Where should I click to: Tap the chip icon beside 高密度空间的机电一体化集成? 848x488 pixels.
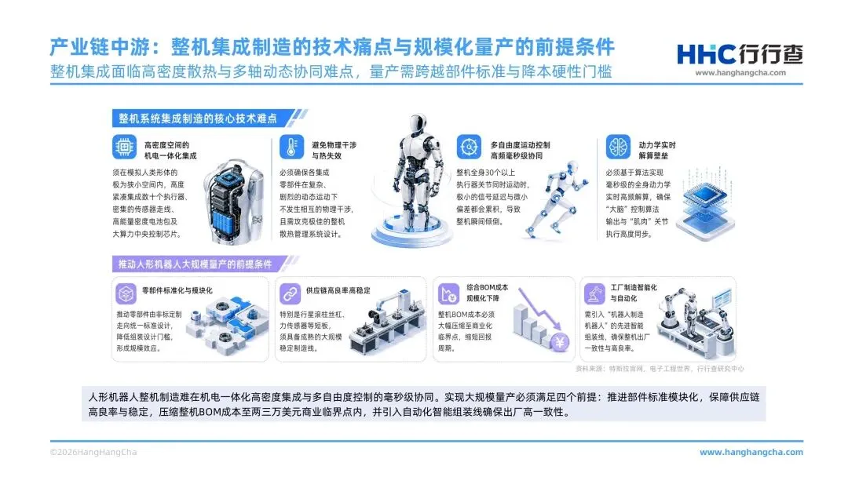(124, 147)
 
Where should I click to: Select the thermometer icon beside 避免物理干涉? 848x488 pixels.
(291, 147)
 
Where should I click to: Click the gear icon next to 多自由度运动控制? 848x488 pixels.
(469, 147)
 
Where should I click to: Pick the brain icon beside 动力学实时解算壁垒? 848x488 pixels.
(618, 147)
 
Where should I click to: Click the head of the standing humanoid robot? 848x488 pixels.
(418, 124)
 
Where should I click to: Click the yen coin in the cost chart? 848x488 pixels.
(561, 342)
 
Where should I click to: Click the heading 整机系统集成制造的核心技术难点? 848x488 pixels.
(197, 118)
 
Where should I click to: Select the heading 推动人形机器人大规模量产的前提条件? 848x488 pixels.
(196, 264)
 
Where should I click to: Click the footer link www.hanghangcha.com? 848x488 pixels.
(751, 453)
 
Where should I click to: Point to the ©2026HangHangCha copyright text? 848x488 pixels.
(93, 453)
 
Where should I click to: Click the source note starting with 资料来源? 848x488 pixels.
(660, 369)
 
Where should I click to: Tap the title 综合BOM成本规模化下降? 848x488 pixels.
(487, 293)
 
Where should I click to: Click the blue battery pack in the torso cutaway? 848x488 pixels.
(227, 221)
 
